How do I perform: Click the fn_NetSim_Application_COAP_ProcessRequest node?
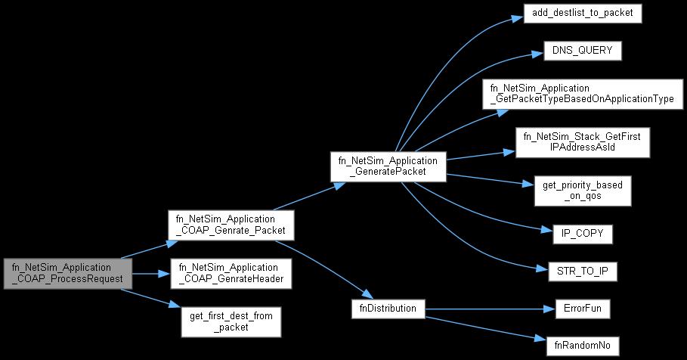click(x=68, y=273)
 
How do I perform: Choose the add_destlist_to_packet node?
click(x=582, y=14)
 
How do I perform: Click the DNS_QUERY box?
click(x=582, y=51)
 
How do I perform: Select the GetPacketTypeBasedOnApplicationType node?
click(x=582, y=93)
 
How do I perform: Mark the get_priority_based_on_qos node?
click(x=582, y=191)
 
